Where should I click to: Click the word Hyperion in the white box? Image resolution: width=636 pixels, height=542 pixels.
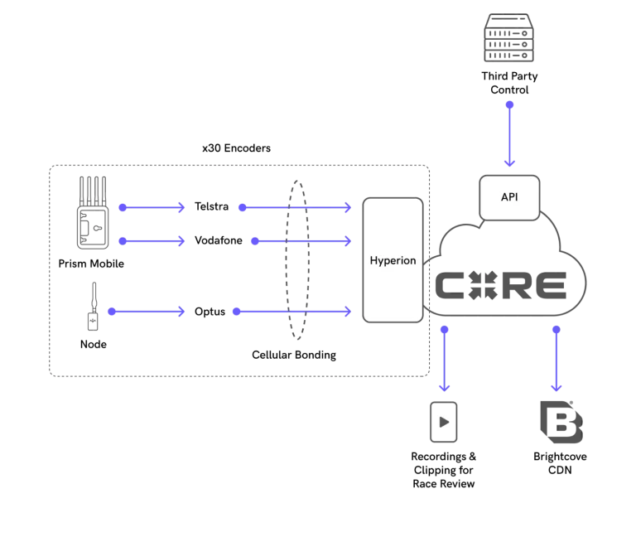(393, 260)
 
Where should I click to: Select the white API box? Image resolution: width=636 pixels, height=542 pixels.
(509, 197)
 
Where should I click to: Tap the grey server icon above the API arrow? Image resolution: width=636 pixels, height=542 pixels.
(509, 40)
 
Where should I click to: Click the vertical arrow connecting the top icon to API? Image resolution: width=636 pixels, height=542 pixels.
(510, 134)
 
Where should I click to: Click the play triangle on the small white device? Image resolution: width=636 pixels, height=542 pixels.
(445, 422)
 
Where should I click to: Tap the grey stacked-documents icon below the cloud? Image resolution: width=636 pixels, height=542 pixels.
(560, 421)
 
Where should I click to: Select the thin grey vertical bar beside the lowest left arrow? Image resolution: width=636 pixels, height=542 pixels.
(92, 305)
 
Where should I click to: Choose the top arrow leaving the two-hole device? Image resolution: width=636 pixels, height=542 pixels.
(150, 207)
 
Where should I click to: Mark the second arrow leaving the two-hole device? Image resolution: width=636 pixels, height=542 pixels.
(152, 240)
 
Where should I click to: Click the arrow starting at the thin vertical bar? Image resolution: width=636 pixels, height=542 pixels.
(146, 312)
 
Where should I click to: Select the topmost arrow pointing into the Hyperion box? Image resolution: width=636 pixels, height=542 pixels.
(294, 207)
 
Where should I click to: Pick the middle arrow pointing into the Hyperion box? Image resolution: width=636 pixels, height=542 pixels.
(300, 240)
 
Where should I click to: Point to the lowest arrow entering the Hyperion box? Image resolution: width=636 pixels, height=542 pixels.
(291, 312)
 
